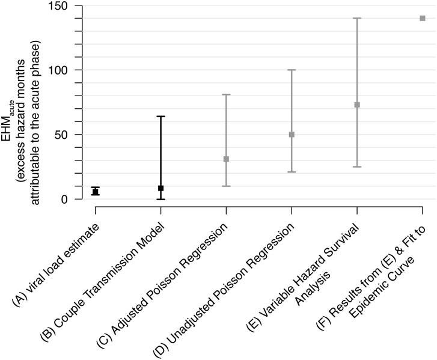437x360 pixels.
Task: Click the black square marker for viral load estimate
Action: [x=95, y=192]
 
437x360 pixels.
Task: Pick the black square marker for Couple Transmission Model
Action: [x=160, y=188]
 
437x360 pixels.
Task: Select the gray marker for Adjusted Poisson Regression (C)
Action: [x=226, y=159]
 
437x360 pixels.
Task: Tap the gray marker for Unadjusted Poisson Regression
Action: [x=292, y=135]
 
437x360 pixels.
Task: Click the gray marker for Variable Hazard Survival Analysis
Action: [x=357, y=105]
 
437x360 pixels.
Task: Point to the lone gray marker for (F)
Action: [x=423, y=18]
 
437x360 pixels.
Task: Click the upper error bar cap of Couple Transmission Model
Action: [x=160, y=117]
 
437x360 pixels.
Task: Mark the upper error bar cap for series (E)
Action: [x=357, y=18]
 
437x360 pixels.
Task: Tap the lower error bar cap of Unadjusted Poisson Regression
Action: [x=292, y=172]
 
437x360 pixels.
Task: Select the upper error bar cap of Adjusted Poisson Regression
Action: [x=226, y=94]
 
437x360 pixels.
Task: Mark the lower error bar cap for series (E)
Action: [x=357, y=166]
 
